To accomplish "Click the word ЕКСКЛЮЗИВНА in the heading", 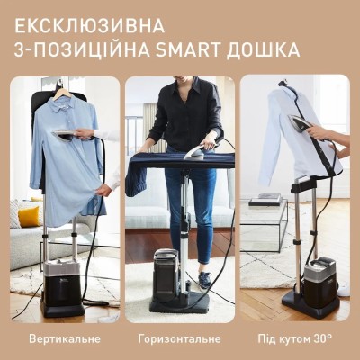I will pos(109,22).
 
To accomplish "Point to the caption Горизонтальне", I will pos(179,339).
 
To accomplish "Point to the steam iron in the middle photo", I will pos(193,153).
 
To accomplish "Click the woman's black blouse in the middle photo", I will pos(184,112).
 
